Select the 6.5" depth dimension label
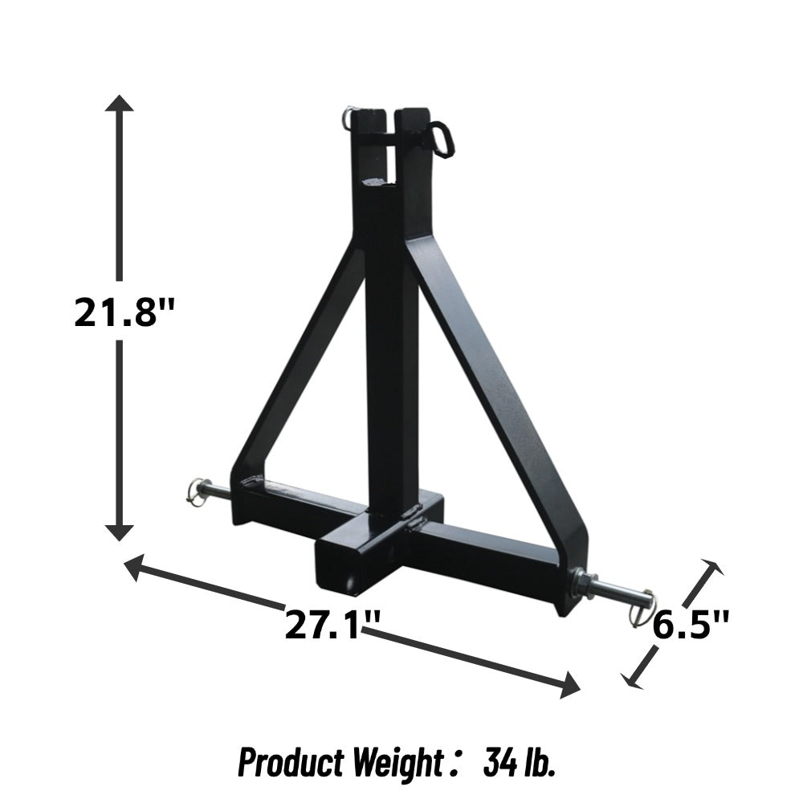pyautogui.click(x=690, y=623)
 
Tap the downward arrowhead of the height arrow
pyautogui.click(x=120, y=530)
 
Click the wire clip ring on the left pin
pyautogui.click(x=195, y=489)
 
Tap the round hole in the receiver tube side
pyautogui.click(x=351, y=576)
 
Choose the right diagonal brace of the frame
pyautogui.click(x=498, y=377)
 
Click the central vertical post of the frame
pyautogui.click(x=392, y=361)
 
